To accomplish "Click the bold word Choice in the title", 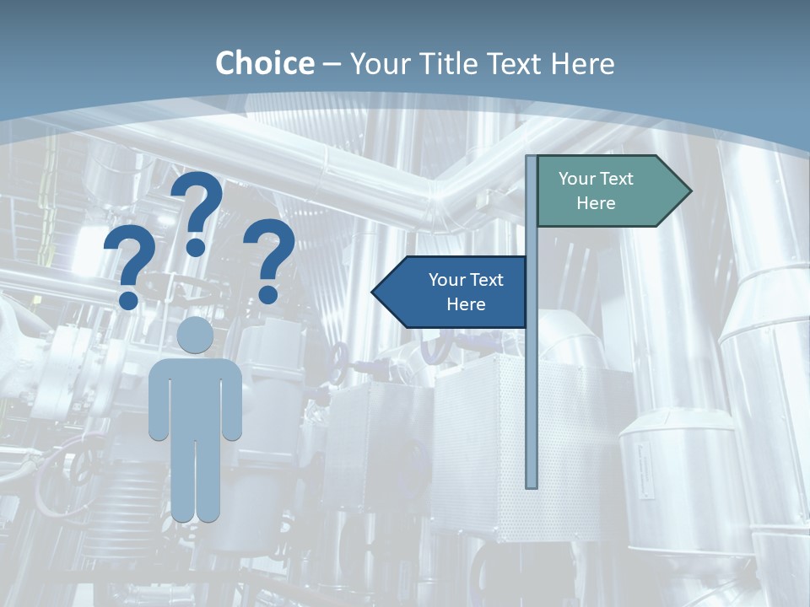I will pos(264,63).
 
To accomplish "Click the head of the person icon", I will pos(196,335).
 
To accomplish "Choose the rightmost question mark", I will pos(269,253).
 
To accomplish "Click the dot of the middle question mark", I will pos(196,247).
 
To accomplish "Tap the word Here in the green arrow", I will pos(596,203).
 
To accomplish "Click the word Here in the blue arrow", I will pos(466,304).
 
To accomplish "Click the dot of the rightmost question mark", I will pos(268,294).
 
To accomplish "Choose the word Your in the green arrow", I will pos(576,179).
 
